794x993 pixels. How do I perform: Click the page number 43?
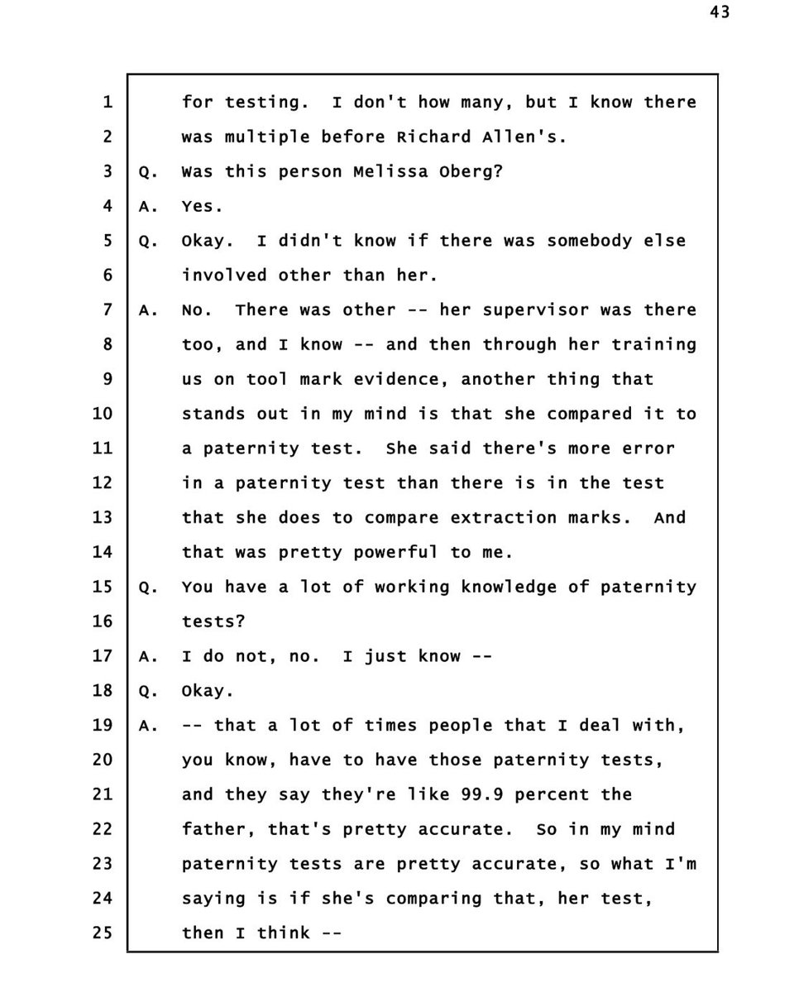coord(719,12)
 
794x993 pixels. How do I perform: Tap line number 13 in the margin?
coord(103,517)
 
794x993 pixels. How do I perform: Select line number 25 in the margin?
coord(103,933)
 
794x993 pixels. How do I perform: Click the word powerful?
coord(396,552)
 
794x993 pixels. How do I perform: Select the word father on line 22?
coord(213,829)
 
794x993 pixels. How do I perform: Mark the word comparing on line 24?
coord(444,898)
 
